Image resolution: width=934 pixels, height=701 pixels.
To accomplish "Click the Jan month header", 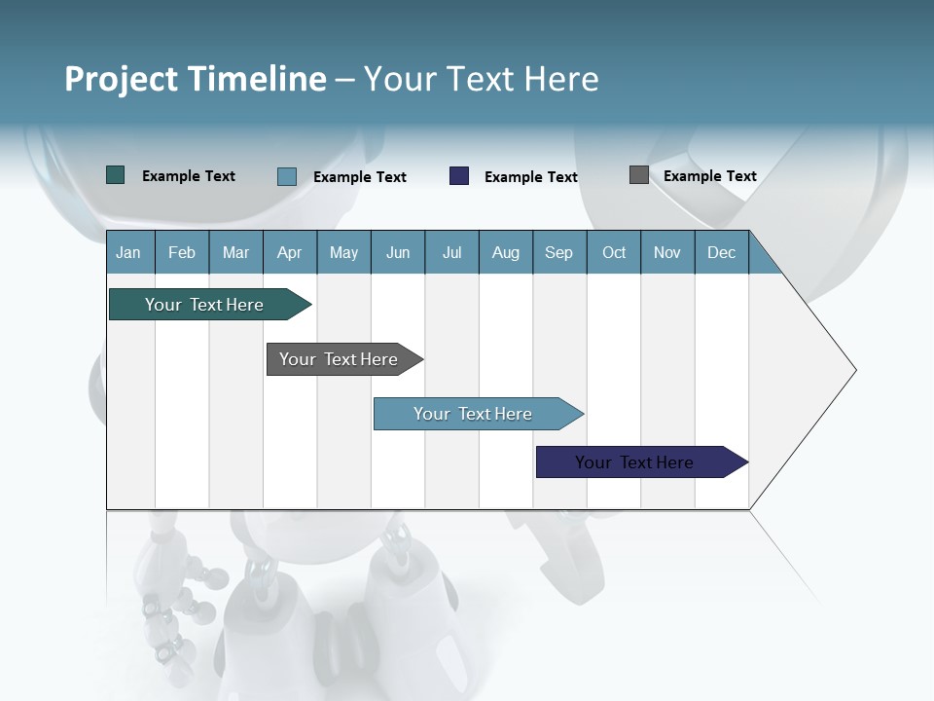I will point(128,252).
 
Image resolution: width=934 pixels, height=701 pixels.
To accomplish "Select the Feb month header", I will point(182,252).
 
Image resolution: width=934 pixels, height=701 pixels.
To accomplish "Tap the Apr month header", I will point(289,252).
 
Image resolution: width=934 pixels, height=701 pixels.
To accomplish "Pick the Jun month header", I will point(398,252).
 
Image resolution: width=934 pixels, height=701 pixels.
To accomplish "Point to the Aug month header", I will point(505,252).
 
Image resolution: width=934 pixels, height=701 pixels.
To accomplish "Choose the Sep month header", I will point(558,252).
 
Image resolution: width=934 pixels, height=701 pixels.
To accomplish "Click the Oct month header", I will point(614,252).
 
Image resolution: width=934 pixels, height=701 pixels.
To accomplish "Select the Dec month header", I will point(721,252).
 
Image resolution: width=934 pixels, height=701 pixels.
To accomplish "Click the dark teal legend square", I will point(116,175).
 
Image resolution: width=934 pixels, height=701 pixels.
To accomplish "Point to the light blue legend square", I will point(287,176).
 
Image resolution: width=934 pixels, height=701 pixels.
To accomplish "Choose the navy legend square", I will point(459,176).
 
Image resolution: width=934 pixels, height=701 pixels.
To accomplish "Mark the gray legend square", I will point(639,175).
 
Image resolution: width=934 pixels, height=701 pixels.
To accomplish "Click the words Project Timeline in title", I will point(196,79).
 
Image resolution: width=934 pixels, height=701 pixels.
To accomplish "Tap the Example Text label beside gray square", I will point(709,176).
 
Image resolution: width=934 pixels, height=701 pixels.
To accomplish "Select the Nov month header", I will point(667,252).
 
